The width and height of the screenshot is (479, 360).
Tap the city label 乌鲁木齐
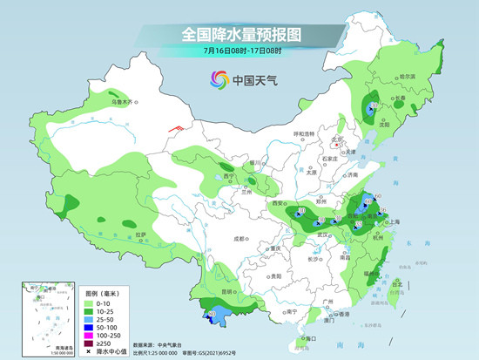[x=125, y=103]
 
